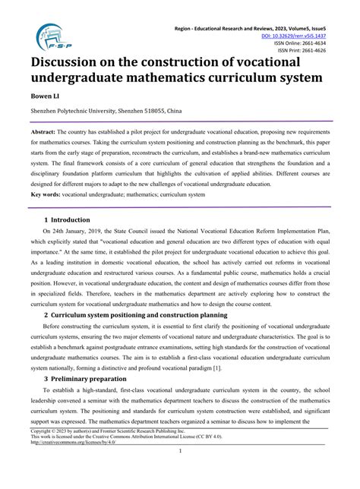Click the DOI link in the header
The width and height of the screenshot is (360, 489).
pyautogui.click(x=314, y=35)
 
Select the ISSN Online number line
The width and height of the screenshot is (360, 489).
pyautogui.click(x=321, y=43)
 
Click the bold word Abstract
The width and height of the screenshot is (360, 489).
pyautogui.click(x=46, y=131)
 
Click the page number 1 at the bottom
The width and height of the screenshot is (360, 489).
pyautogui.click(x=180, y=472)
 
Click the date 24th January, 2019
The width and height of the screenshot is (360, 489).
pyautogui.click(x=81, y=235)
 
